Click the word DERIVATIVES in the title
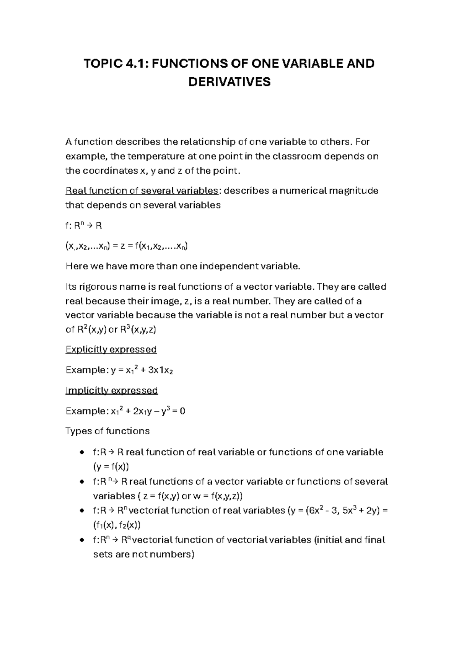click(x=229, y=82)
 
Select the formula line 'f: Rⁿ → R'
click(x=84, y=226)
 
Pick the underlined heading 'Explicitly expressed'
click(x=111, y=349)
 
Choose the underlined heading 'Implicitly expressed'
click(x=112, y=390)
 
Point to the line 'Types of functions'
click(x=107, y=431)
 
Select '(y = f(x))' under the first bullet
click(x=111, y=467)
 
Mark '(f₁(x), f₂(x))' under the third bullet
click(x=114, y=525)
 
